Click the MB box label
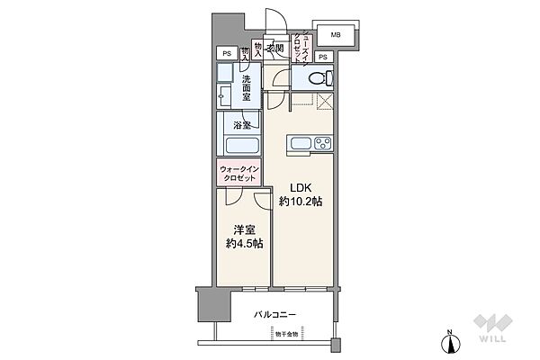335,35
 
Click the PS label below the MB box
322,56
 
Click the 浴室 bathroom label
241,126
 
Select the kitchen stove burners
320,143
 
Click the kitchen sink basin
299,143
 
